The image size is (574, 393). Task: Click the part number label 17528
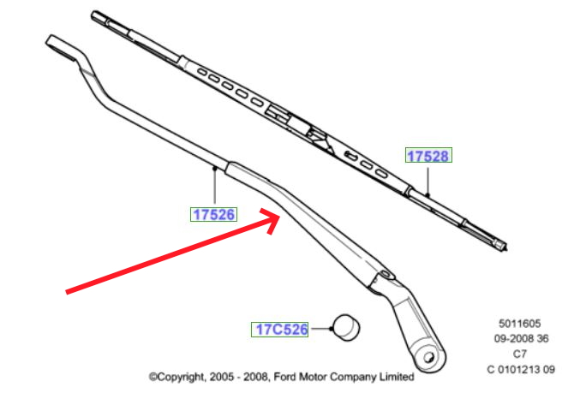(428, 156)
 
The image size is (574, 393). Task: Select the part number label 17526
(212, 214)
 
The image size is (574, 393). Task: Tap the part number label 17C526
(279, 329)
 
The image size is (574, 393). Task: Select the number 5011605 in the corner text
(519, 325)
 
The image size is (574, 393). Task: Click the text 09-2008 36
(519, 339)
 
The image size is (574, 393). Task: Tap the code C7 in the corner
(519, 354)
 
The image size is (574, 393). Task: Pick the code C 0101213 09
(519, 369)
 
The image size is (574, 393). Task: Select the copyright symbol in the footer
(153, 377)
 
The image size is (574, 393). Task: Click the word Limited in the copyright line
(393, 377)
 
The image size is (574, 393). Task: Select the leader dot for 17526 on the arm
(212, 170)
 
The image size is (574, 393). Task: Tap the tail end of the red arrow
(69, 292)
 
